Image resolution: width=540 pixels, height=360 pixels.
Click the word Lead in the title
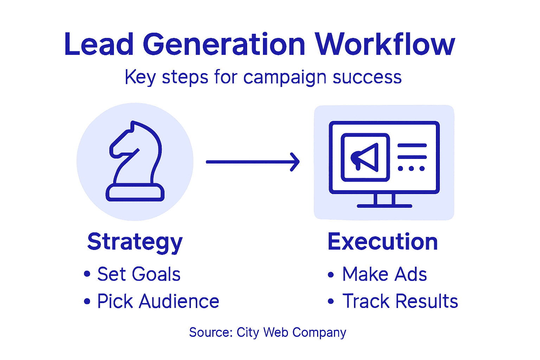point(99,45)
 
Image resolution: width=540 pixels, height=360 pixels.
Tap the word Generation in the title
point(224,45)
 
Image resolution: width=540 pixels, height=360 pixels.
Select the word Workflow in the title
point(385,45)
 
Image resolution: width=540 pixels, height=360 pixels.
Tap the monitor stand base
point(384,206)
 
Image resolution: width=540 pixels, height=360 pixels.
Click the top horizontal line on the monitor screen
point(412,145)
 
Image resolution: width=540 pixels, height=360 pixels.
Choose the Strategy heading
point(135,242)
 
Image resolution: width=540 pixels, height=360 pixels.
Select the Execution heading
point(382,242)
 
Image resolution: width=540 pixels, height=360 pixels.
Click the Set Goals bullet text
point(139,274)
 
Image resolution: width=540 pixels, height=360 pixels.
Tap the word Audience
point(179,301)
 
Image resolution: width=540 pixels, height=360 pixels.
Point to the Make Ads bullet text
point(385,274)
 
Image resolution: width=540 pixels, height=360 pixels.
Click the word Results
point(427,301)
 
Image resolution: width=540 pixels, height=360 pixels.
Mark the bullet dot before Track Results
point(330,301)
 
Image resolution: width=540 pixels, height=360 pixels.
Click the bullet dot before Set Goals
point(87,274)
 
